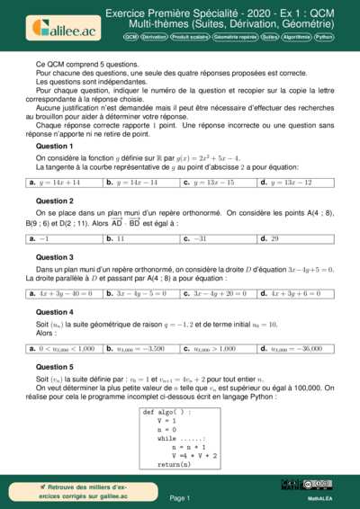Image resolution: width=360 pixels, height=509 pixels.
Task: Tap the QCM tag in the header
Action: coord(131,38)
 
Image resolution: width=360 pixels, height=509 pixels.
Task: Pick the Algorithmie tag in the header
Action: coord(297,38)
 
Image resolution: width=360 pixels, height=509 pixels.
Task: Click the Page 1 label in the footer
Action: coord(180,497)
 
